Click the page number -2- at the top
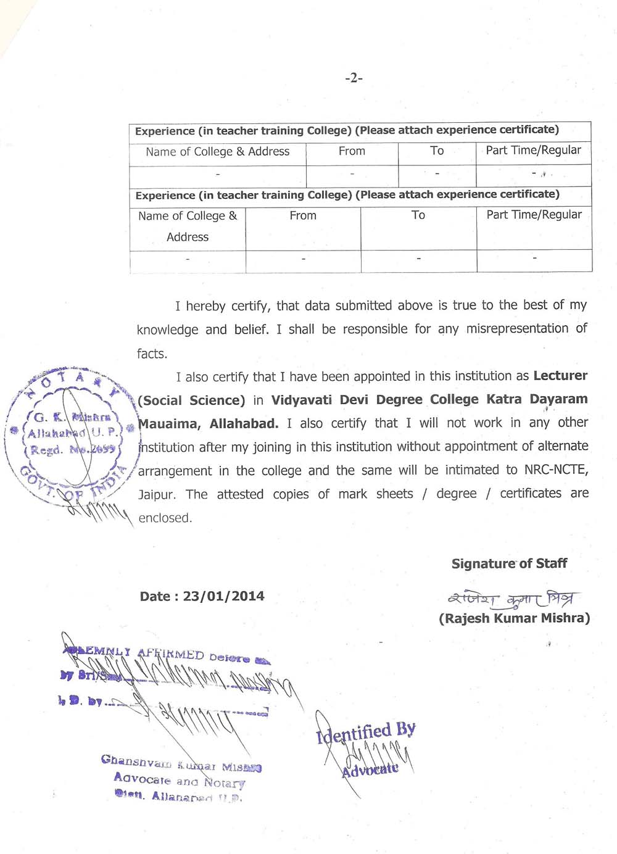click(354, 78)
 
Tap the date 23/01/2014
click(223, 596)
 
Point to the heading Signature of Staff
click(509, 563)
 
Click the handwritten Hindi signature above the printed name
click(513, 598)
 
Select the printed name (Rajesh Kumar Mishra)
click(514, 618)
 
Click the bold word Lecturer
click(560, 376)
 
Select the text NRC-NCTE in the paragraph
click(556, 470)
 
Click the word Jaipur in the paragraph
click(157, 494)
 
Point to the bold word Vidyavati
click(302, 399)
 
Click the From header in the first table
click(352, 151)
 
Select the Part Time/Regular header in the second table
click(534, 215)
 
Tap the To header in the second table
click(418, 215)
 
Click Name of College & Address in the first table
click(217, 152)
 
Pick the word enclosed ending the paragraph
click(165, 518)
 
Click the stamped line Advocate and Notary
click(179, 780)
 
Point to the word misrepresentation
click(517, 329)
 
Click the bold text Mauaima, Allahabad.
click(209, 423)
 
